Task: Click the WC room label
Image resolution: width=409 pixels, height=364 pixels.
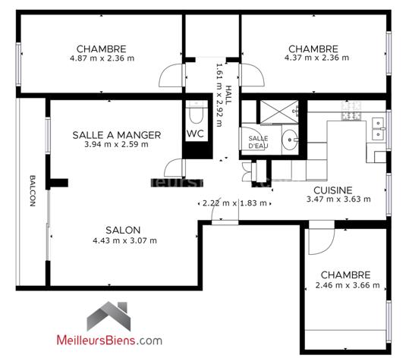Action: click(196, 134)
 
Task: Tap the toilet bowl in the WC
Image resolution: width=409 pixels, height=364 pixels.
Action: click(196, 114)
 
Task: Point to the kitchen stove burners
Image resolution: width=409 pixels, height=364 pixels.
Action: click(351, 115)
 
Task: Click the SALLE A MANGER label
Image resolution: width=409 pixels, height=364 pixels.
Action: click(116, 135)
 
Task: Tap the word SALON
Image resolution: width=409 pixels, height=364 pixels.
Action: click(124, 230)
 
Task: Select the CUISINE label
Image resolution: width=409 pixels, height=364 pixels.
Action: click(332, 190)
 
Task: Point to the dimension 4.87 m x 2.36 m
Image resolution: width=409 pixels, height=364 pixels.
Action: click(102, 58)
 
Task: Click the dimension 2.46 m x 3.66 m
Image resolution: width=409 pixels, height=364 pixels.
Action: click(346, 286)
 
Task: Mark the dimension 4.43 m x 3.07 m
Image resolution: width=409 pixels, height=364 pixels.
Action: click(124, 241)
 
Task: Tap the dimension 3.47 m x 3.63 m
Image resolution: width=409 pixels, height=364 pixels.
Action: click(338, 199)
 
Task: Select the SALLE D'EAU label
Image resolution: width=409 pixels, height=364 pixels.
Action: click(259, 141)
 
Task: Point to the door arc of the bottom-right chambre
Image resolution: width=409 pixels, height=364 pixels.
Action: click(323, 235)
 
